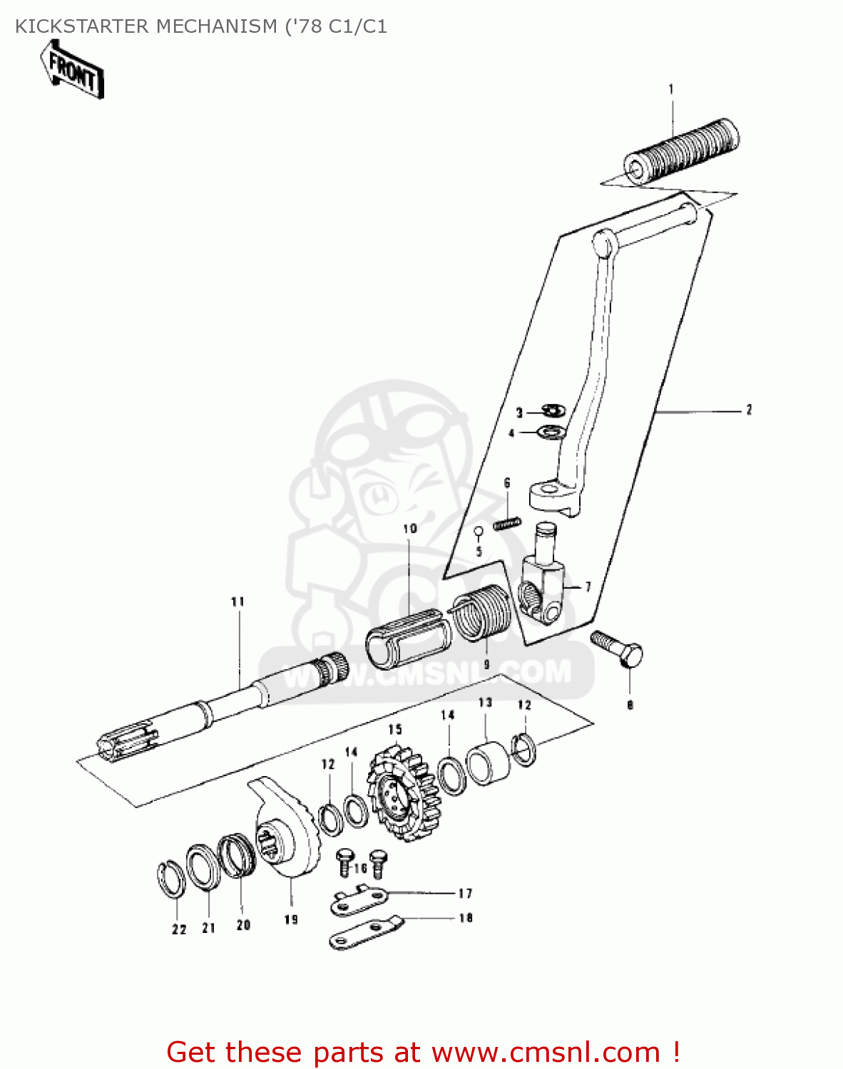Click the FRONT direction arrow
[73, 70]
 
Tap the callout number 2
[748, 410]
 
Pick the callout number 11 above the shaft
[237, 601]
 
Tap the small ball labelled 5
[479, 530]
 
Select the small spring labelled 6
[506, 524]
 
